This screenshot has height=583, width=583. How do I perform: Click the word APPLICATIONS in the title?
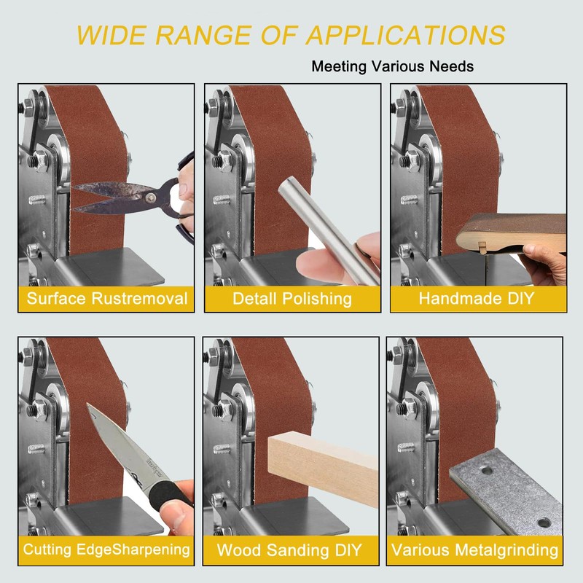(406, 35)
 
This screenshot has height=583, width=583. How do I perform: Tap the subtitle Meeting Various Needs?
(392, 66)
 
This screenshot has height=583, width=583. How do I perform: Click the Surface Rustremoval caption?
(107, 299)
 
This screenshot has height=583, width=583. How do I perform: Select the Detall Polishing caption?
(292, 299)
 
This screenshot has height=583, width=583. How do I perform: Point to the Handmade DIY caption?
(477, 298)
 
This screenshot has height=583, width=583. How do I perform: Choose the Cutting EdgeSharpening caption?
(106, 549)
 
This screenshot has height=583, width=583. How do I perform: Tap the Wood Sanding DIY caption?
(289, 550)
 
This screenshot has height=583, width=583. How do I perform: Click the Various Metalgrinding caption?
(475, 550)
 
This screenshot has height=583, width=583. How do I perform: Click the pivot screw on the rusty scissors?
(150, 197)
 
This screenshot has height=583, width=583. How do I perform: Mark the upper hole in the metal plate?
(487, 471)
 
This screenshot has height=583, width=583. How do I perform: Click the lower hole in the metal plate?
(544, 523)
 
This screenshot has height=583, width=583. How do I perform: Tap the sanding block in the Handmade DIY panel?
(512, 232)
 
